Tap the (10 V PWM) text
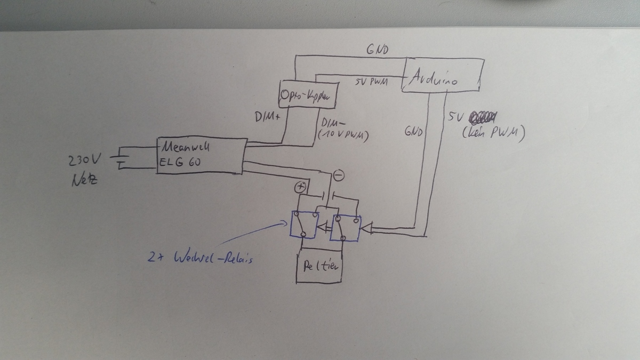click(x=343, y=135)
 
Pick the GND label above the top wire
click(x=377, y=50)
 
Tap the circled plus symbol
click(x=300, y=188)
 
